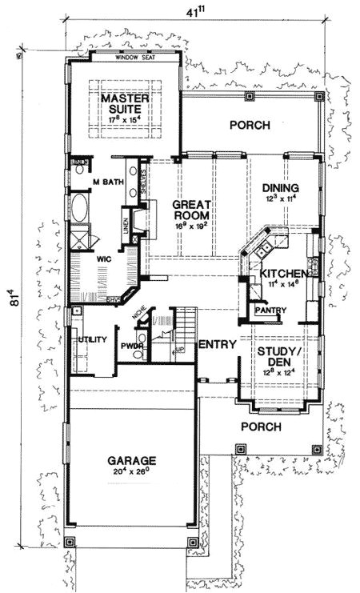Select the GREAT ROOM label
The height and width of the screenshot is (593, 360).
(191, 210)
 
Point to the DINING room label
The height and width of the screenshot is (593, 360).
(280, 189)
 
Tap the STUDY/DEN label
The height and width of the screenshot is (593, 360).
(279, 355)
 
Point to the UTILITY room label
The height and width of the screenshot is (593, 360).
(93, 339)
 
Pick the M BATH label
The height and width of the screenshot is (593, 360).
(107, 182)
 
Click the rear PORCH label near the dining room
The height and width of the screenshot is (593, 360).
(250, 125)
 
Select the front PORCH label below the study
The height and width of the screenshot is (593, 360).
(260, 427)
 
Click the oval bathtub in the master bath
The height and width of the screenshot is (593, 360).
(81, 210)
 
